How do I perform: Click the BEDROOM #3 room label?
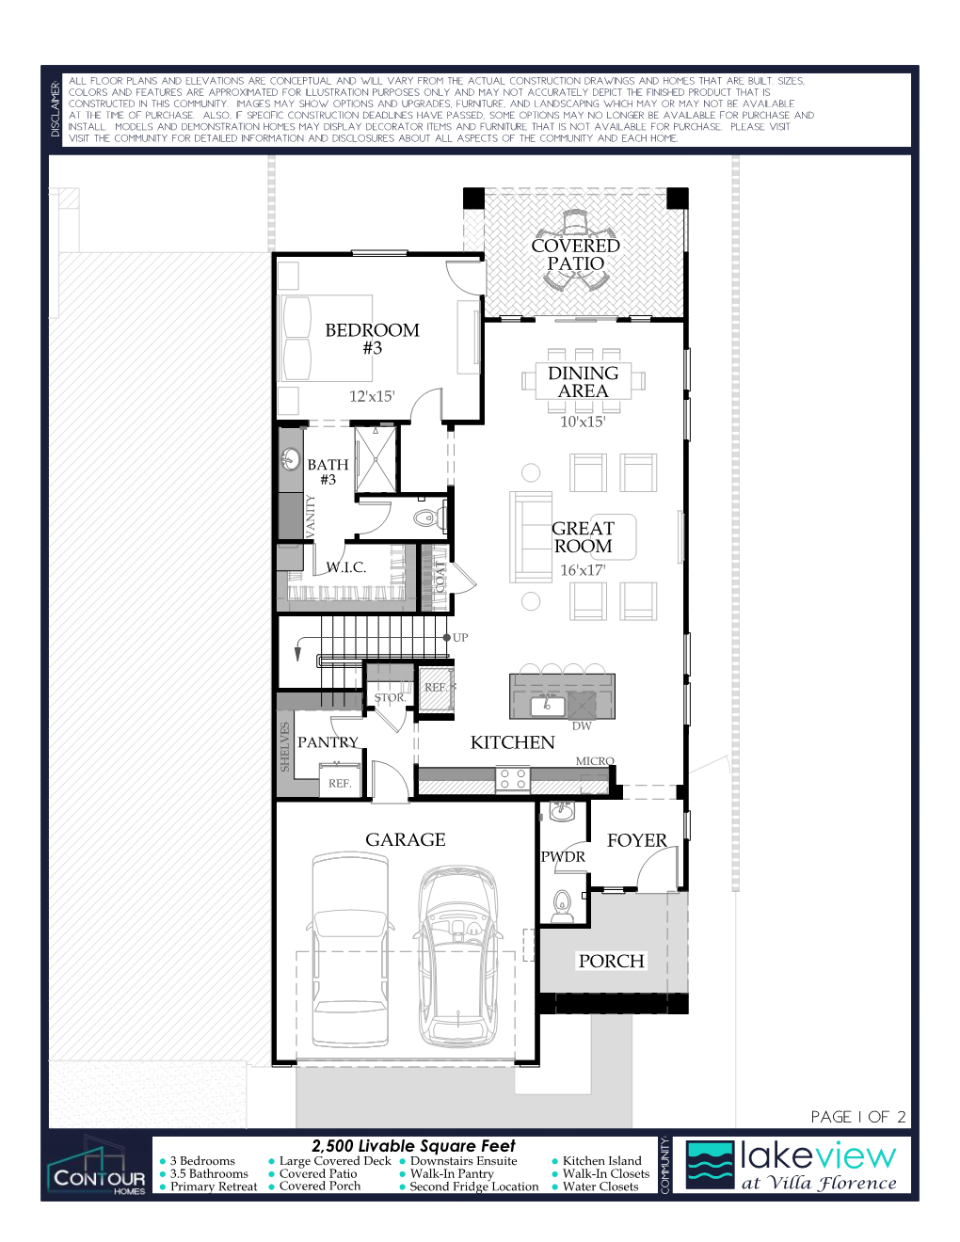coord(372,339)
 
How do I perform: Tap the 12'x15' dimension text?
coord(372,396)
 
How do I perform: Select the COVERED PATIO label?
coord(575,254)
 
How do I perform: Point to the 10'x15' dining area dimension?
coord(583,422)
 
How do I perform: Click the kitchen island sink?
coord(547,706)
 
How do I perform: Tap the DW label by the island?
coord(582,725)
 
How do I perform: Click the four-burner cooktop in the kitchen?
coord(512,778)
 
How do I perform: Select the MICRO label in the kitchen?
coord(595,761)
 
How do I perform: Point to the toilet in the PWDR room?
coord(562,906)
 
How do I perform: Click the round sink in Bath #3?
coord(291,459)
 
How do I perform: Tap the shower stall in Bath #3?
coord(376,459)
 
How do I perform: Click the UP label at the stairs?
coord(460,637)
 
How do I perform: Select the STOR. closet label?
coord(390,697)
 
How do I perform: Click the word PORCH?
coord(611,961)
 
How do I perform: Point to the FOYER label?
coord(637,840)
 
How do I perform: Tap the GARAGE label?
coord(406,839)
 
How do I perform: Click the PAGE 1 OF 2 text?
coord(858,1117)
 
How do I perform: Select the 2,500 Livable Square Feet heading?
coord(413,1146)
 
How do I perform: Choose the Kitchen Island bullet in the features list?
coord(598,1161)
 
